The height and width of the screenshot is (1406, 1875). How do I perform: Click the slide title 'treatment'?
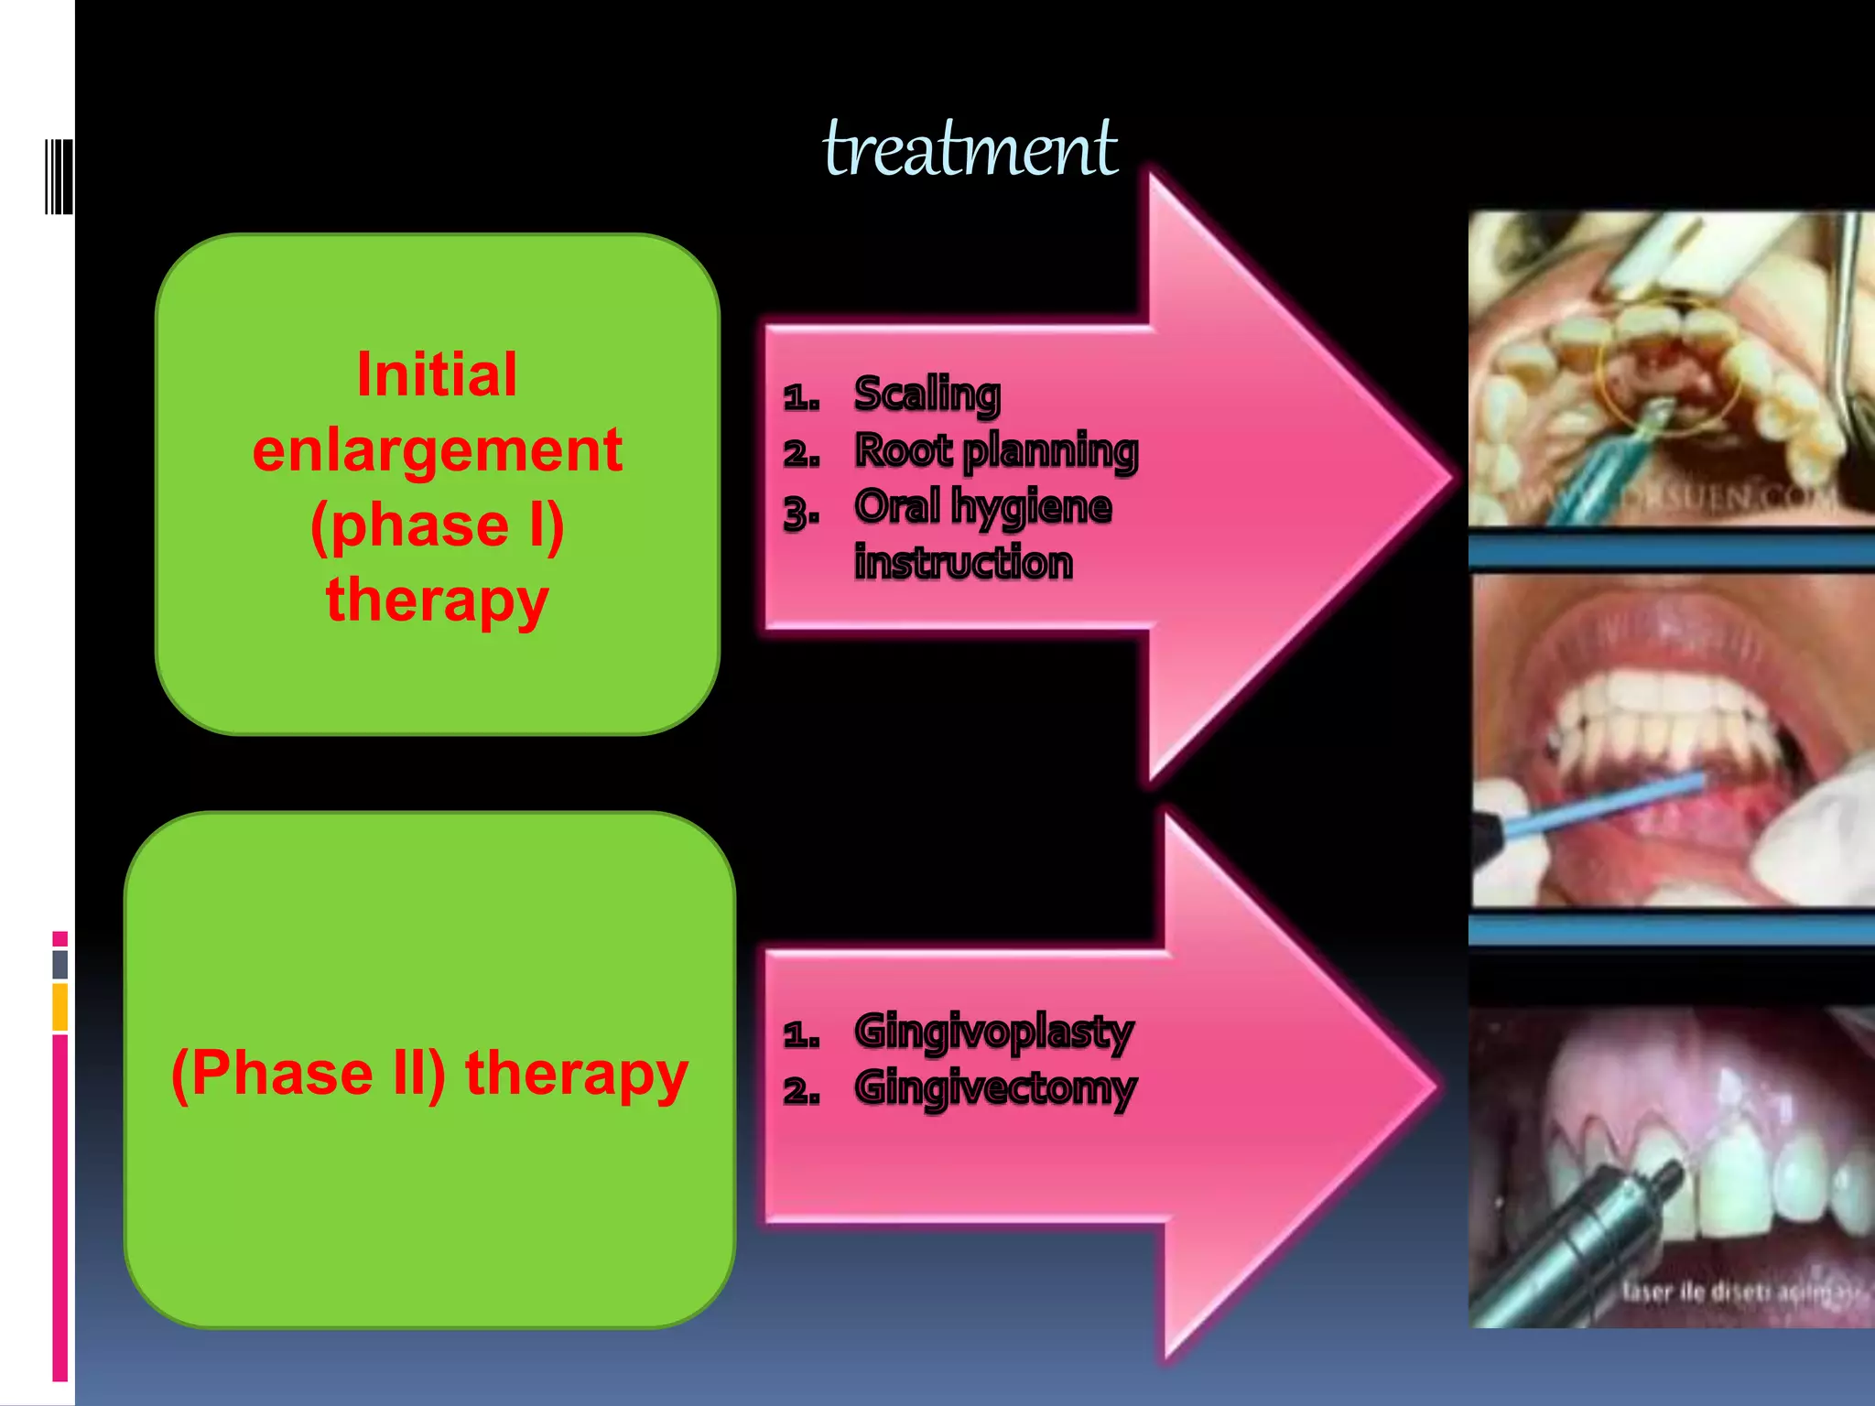tap(970, 148)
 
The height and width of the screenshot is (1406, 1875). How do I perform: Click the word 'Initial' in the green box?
tap(437, 374)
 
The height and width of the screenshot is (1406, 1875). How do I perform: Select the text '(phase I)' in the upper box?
tap(437, 525)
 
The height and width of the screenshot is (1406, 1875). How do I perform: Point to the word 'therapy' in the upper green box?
tap(437, 600)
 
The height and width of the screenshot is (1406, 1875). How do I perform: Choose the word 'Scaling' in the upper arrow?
tap(927, 394)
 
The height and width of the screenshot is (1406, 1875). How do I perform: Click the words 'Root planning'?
tap(996, 450)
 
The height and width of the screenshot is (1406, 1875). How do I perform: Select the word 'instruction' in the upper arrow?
tap(963, 562)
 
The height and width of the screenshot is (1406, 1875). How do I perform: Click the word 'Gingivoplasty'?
tap(993, 1032)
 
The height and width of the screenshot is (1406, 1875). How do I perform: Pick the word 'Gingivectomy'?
tap(994, 1088)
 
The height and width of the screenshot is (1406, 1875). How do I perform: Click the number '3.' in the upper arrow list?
tap(800, 513)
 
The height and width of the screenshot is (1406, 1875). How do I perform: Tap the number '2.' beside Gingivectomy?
tap(800, 1091)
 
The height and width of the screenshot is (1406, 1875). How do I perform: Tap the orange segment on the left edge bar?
tap(60, 1007)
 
